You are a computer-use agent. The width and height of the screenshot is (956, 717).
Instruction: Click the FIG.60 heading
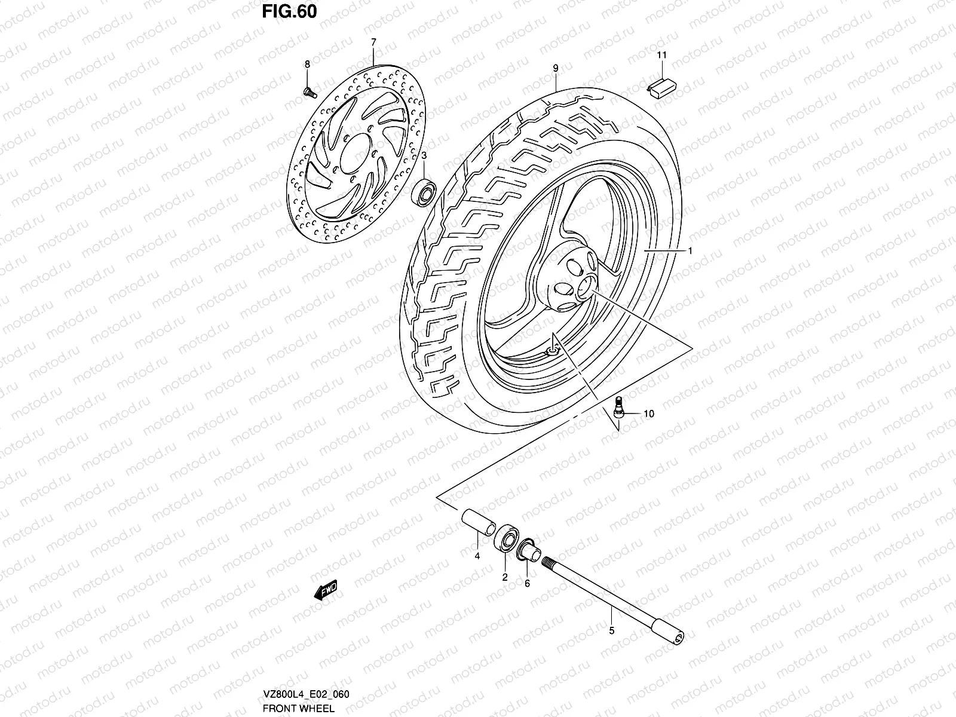point(289,11)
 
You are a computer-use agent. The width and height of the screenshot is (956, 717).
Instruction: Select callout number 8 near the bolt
point(308,65)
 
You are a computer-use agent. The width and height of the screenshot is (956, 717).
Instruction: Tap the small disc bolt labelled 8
point(308,91)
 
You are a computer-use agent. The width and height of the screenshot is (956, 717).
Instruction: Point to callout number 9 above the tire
point(555,69)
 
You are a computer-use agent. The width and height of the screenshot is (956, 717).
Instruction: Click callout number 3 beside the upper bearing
point(424,155)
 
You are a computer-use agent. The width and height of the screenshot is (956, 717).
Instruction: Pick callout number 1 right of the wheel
point(690,252)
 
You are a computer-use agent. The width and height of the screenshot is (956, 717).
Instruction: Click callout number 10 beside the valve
point(649,413)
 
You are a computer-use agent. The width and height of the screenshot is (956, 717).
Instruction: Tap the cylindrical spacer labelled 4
point(478,522)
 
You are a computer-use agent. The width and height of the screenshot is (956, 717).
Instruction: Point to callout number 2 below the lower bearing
point(504,577)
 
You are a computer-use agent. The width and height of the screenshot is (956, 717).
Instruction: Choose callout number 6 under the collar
point(527,583)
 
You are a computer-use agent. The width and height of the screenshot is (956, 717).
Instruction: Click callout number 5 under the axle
point(611,630)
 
